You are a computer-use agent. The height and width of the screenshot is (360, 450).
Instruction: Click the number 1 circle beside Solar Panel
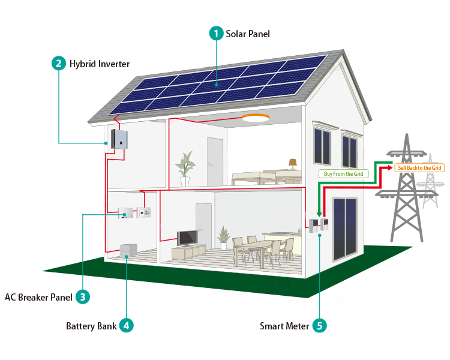click(216, 34)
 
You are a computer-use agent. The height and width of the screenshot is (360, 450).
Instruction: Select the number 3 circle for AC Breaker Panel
click(83, 296)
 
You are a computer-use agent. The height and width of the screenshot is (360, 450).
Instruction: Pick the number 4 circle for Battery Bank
click(126, 326)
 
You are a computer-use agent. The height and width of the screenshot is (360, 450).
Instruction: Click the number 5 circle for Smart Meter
click(319, 326)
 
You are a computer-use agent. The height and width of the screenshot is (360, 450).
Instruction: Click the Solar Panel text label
click(248, 34)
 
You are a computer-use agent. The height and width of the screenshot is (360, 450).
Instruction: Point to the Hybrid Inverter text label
click(100, 64)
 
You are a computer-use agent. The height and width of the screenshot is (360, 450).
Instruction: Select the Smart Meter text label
click(284, 326)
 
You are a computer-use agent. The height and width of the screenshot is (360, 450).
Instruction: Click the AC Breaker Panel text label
click(38, 297)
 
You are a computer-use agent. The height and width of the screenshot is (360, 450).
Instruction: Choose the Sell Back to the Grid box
click(419, 168)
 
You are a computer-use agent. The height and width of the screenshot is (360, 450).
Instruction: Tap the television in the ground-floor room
click(187, 238)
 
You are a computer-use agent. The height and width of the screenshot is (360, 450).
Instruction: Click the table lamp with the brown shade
click(292, 163)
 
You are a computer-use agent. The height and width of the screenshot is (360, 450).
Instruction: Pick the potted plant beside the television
click(224, 238)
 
